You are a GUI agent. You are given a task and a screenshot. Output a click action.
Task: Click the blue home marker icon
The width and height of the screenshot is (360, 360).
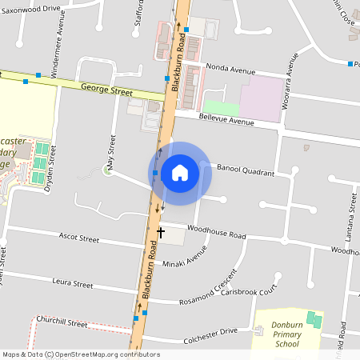tap(180, 173)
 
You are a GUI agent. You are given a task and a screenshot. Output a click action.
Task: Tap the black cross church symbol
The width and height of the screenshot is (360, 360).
tap(161, 233)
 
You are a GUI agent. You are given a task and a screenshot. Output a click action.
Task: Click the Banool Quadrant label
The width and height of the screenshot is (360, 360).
tap(246, 170)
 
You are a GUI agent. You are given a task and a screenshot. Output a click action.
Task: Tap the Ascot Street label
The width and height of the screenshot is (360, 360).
tap(79, 238)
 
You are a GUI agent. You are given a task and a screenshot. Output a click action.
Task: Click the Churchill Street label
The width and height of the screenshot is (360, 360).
tap(66, 323)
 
